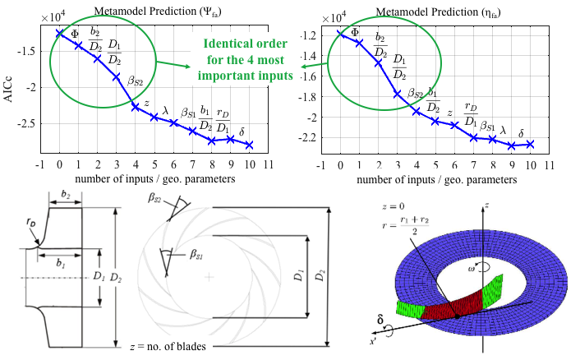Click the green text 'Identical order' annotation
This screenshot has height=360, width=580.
coord(244,44)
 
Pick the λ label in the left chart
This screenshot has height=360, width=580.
coord(166,108)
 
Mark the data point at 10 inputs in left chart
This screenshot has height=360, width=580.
coord(249,145)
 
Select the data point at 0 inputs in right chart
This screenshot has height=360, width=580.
coord(340,33)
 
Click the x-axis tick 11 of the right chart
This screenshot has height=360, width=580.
coord(550,164)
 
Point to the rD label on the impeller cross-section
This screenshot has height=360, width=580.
coord(30,244)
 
